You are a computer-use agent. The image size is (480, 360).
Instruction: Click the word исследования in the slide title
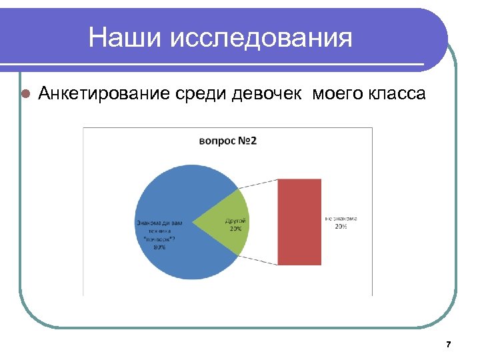[x=261, y=38]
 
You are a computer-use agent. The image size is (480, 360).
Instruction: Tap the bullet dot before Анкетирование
[x=25, y=94]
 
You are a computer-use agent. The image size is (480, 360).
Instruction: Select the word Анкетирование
[x=105, y=93]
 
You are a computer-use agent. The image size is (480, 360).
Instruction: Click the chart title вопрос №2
[x=228, y=141]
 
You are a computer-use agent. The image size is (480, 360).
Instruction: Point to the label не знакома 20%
[x=341, y=222]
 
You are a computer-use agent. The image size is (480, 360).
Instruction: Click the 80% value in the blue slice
[x=160, y=247]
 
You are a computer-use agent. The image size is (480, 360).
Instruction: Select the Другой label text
[x=236, y=219]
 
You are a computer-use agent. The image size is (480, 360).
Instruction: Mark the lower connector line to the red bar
[x=259, y=260]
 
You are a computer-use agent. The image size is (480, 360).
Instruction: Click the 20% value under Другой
[x=236, y=229]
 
